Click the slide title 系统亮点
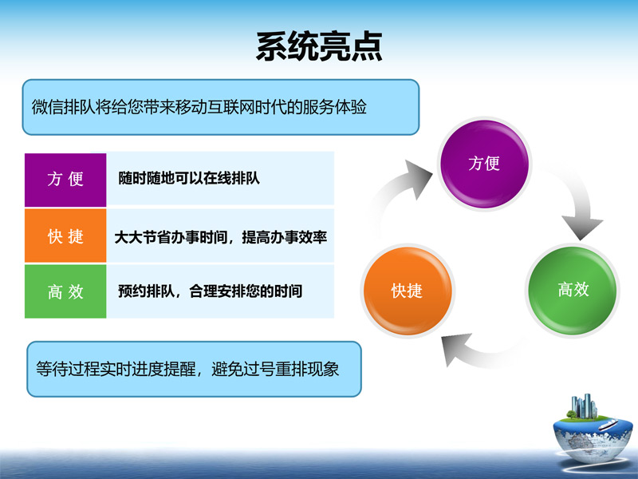point(320,47)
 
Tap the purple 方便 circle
point(484,164)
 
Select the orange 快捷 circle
point(408,291)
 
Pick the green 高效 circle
point(573,290)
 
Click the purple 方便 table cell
point(65,180)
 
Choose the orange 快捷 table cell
point(65,236)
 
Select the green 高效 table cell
point(65,291)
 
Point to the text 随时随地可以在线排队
point(189,178)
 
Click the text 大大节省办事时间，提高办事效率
point(221,237)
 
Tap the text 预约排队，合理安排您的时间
point(210,291)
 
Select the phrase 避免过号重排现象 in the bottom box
point(275,369)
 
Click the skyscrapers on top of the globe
point(584,406)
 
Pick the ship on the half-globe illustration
point(608,426)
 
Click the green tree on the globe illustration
point(572,414)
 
